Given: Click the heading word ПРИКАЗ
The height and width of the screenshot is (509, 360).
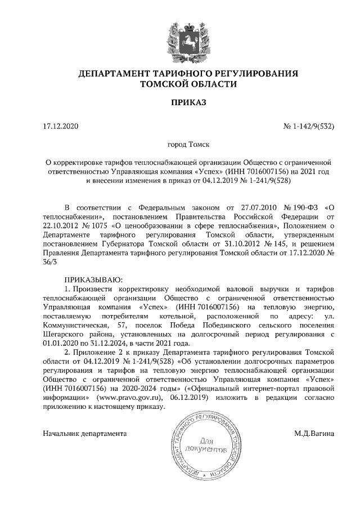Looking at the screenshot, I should [180, 102].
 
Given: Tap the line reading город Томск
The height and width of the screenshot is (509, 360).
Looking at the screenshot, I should [180, 145].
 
